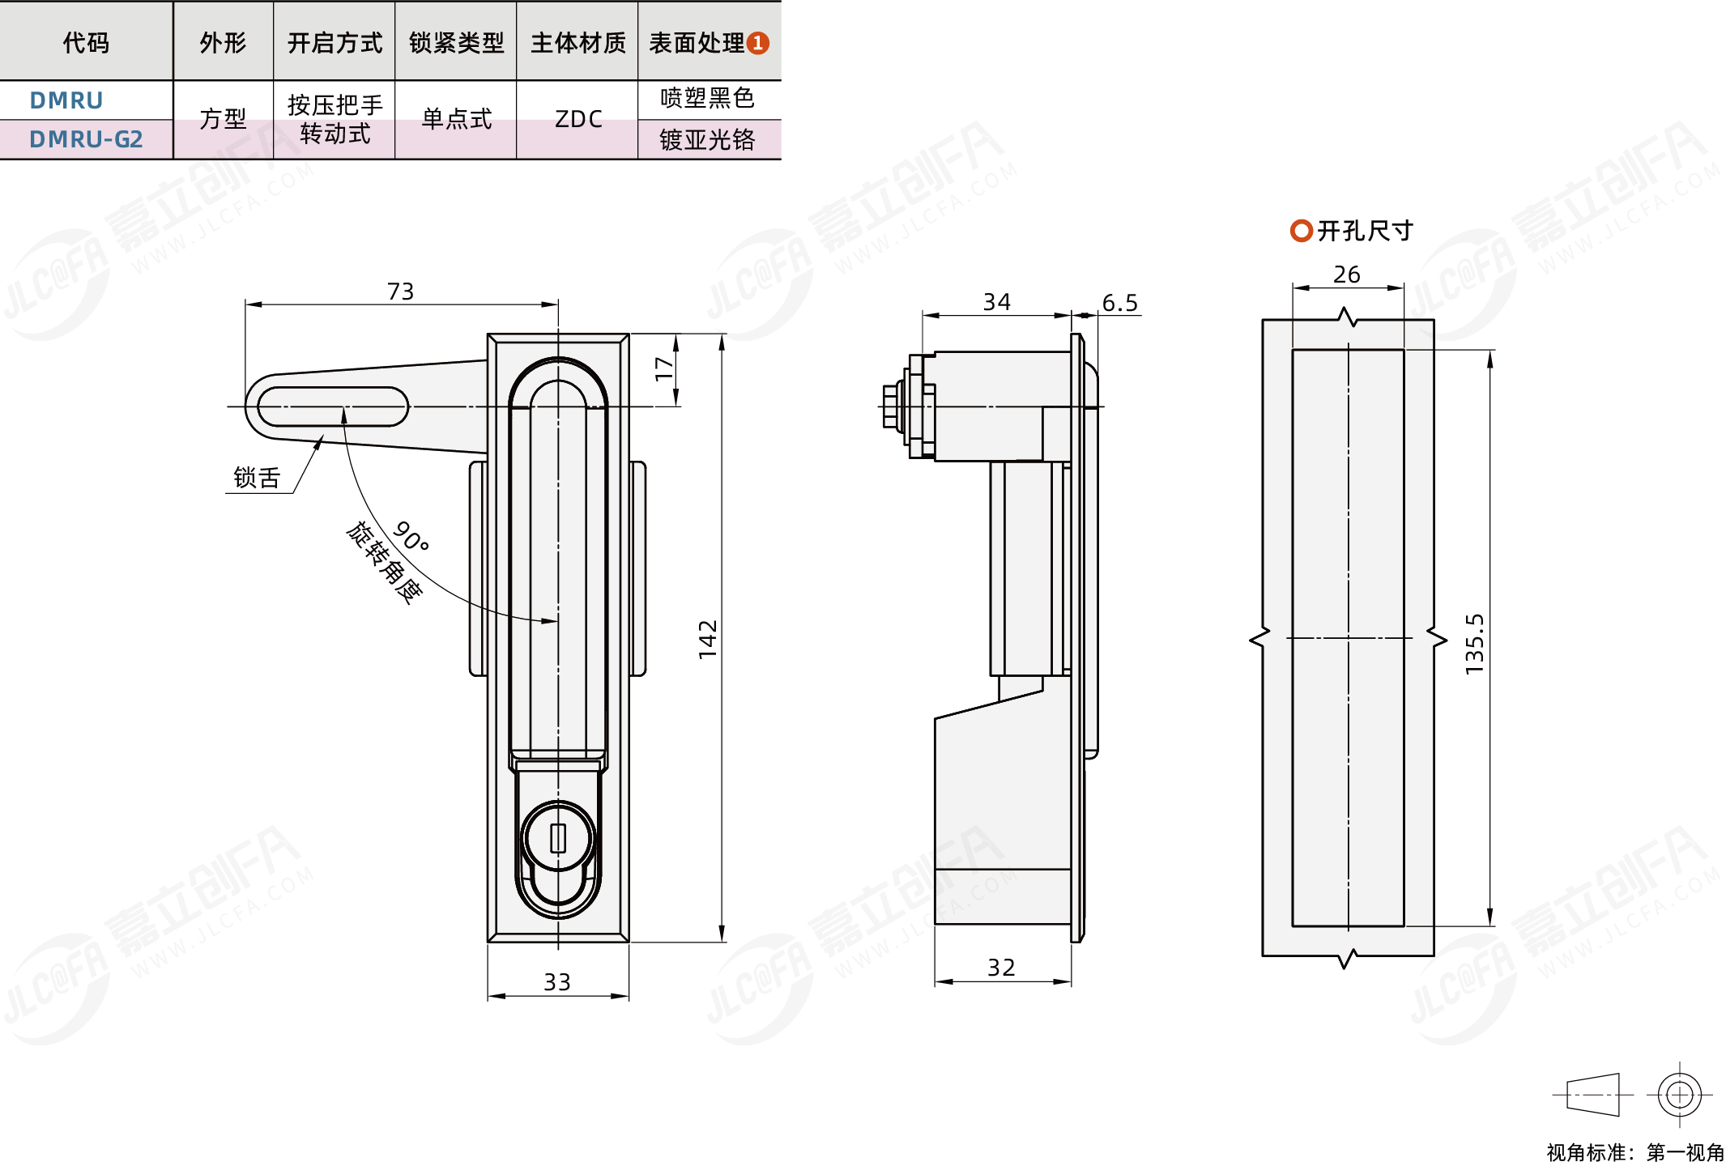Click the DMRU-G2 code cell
(86, 139)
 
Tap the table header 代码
(86, 42)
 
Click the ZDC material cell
(578, 119)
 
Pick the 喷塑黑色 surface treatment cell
(708, 98)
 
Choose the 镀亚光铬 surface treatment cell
(708, 140)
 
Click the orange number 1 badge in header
(757, 43)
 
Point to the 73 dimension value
(401, 291)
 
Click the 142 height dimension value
(708, 640)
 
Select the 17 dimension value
(664, 369)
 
